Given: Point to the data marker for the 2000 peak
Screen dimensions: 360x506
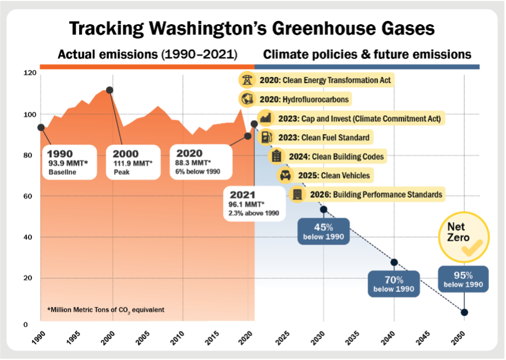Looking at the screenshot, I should [110, 90].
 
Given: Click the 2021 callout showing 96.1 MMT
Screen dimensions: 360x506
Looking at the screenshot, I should [254, 203].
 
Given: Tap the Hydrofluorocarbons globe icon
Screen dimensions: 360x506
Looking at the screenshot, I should [247, 99].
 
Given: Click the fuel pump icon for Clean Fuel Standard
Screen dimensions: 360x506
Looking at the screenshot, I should [266, 137].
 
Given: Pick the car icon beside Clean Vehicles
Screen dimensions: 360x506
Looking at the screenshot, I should [285, 176].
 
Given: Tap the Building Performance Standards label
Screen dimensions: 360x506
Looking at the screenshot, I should [375, 194].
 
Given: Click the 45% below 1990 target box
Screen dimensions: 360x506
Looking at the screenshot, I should [323, 232].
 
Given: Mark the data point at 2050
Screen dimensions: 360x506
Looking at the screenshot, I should [464, 312].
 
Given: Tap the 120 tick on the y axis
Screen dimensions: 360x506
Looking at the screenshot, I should [30, 72].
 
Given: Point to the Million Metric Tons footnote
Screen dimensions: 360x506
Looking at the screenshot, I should [106, 310].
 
